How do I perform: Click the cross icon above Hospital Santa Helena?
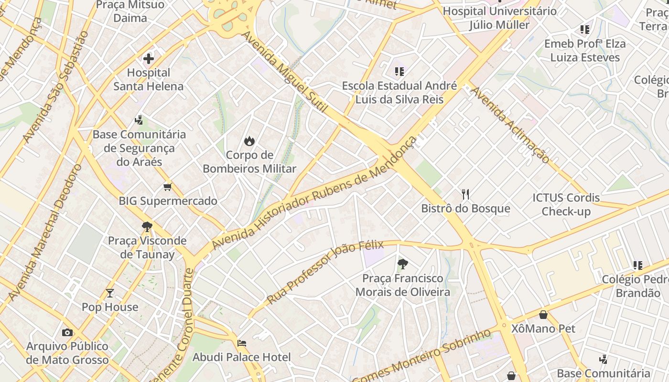coord(149,59)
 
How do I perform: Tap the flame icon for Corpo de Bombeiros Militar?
coord(249,141)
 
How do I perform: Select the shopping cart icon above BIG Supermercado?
coord(167,187)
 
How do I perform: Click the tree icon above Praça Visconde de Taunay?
coord(147,226)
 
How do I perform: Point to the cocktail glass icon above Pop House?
coord(110,293)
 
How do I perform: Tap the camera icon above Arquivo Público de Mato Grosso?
coord(67,332)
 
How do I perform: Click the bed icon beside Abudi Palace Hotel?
coord(242,343)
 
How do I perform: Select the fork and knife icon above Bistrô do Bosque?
coord(465,194)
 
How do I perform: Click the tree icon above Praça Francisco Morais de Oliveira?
coord(403,264)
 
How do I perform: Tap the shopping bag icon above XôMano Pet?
coord(543,315)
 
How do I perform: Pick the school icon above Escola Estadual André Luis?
coord(399,72)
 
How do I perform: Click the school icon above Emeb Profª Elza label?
coord(584,30)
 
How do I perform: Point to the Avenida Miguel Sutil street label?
coord(285,72)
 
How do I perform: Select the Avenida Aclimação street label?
coord(510,125)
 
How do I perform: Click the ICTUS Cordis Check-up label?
coord(566,204)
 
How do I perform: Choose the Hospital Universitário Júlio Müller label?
coord(499,18)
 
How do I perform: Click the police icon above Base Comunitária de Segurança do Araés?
coord(139,120)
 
